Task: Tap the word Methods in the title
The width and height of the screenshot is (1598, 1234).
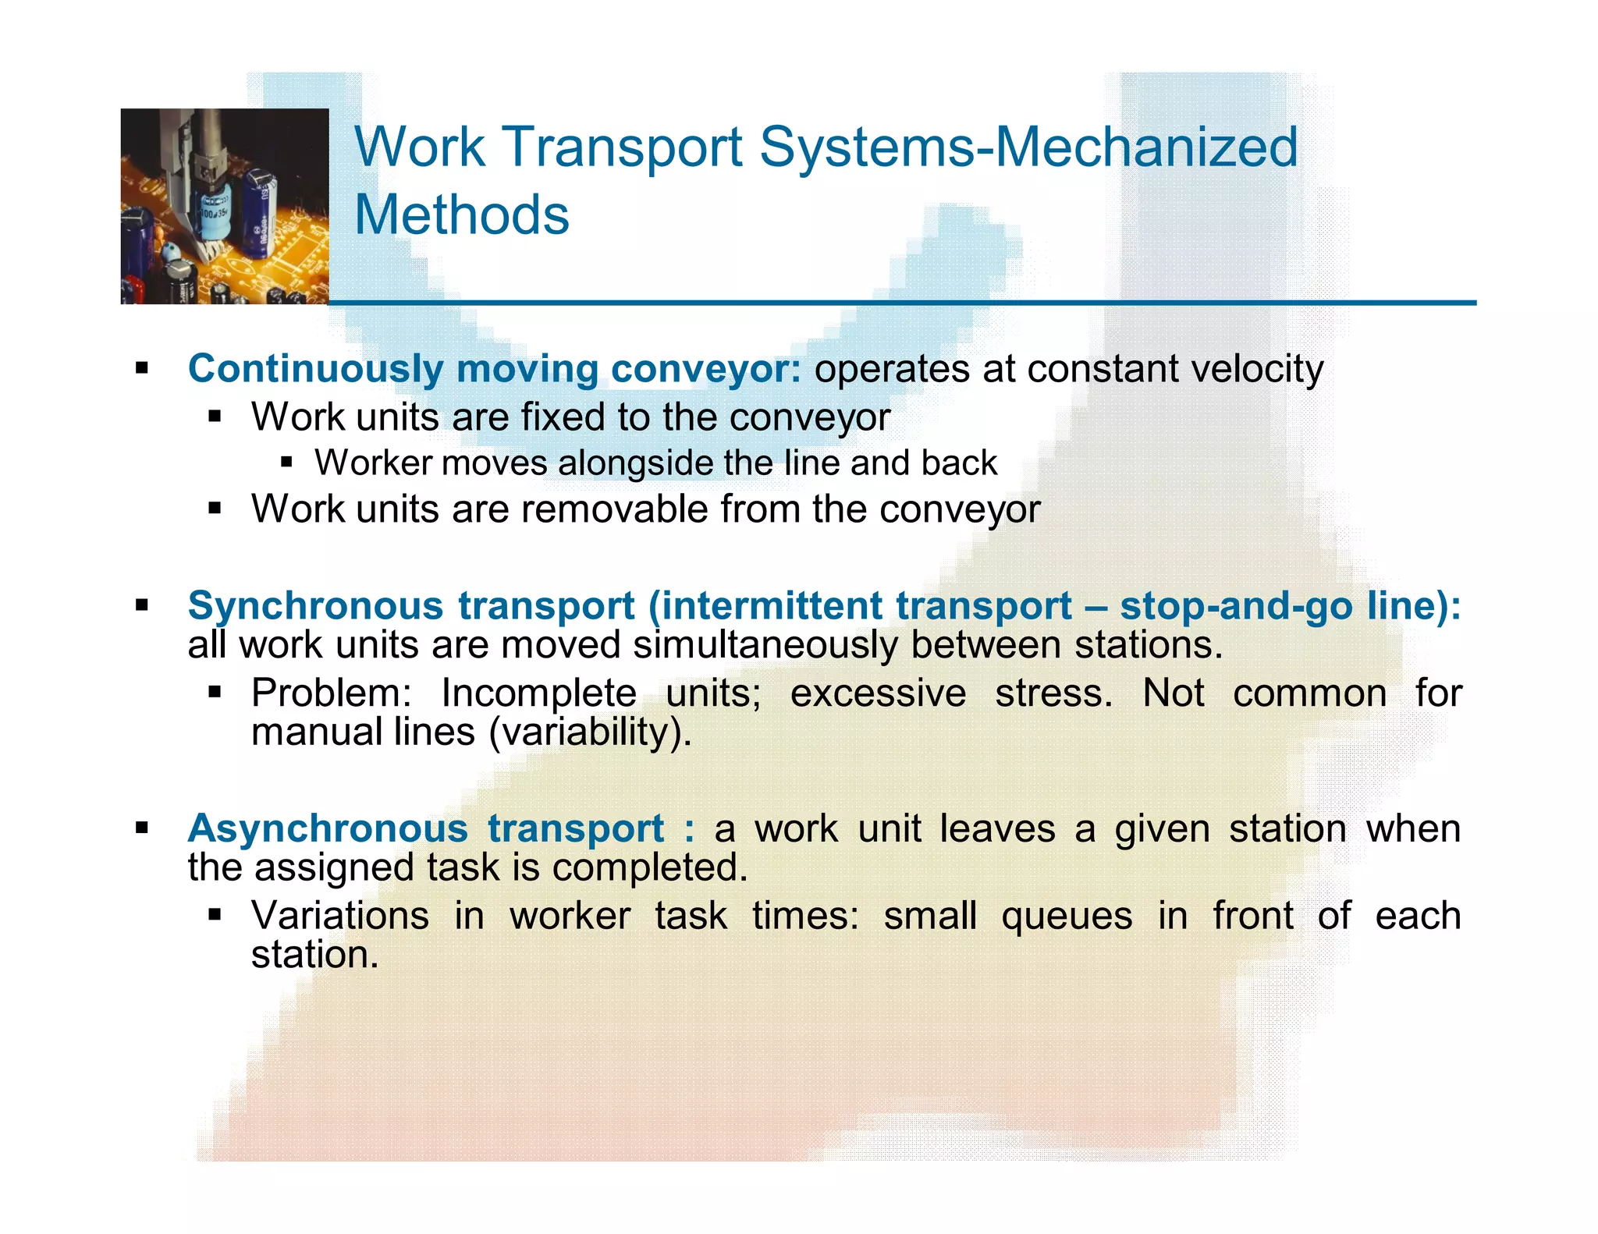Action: pos(462,215)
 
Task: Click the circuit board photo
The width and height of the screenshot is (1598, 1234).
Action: pos(225,206)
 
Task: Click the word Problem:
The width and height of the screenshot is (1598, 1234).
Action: pos(331,693)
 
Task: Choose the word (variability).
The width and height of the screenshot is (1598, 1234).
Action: pos(590,732)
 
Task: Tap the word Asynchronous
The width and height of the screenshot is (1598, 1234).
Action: pos(328,828)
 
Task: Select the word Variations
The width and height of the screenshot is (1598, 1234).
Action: pos(340,916)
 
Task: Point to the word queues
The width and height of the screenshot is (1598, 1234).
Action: pos(1066,916)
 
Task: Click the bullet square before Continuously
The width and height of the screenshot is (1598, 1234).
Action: pos(141,368)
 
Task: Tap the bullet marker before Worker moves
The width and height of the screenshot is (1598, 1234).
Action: pos(286,463)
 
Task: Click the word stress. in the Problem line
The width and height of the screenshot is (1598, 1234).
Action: pos(1053,693)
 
